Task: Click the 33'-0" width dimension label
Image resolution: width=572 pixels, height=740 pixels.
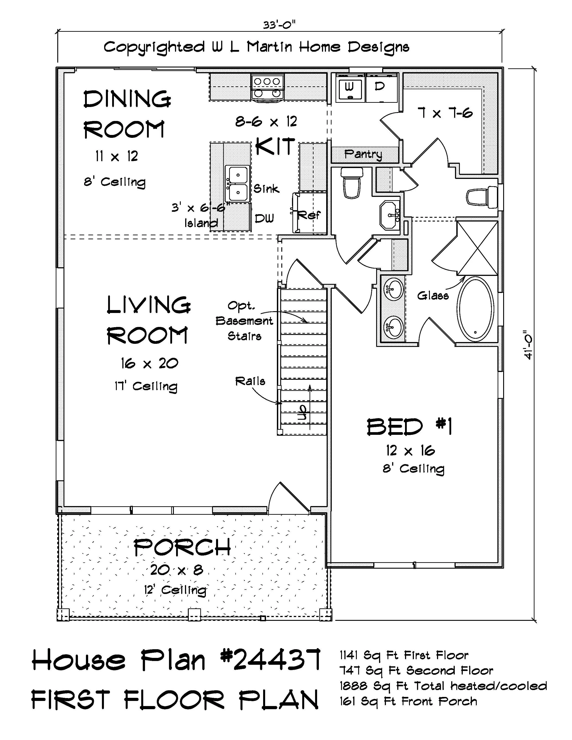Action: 279,25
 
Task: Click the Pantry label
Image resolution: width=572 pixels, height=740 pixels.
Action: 363,154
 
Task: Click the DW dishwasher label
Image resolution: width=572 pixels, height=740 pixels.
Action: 264,219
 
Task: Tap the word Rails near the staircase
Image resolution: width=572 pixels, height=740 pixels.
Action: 250,382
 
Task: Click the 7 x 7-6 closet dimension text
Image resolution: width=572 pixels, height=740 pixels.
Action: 445,113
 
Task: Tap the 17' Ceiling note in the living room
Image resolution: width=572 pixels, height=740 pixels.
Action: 146,386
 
